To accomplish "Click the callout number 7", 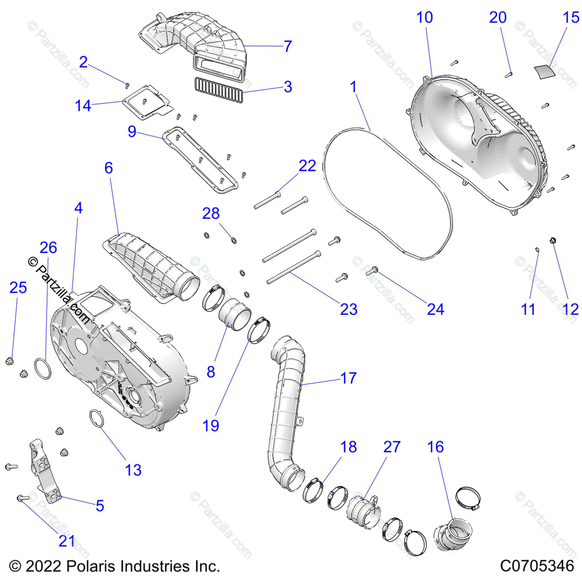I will pos(288,46).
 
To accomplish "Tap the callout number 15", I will pos(571,17).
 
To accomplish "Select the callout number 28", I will pos(211,213).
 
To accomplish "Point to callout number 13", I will pos(133,470).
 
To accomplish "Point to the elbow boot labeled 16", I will pos(452,533).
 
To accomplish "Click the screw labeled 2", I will pos(127,84).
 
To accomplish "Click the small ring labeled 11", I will pos(537,250).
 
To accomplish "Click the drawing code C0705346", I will pos(537,566).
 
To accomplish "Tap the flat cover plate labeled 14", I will pos(145,103).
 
